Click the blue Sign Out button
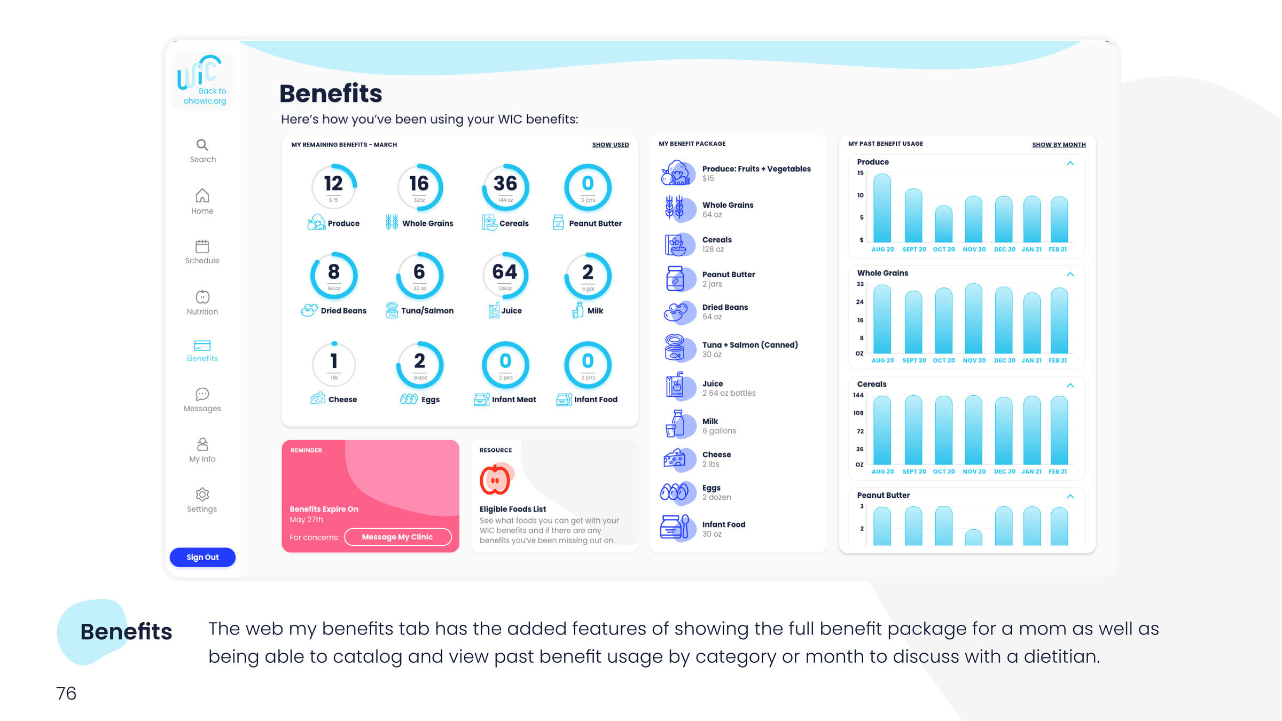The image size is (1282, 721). coord(202,557)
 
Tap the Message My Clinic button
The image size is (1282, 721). coord(397,537)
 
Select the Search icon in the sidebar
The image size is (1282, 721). coord(202,145)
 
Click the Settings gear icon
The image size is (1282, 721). coord(202,494)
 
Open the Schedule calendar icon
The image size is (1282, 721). coord(202,246)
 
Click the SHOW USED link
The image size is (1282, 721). coord(610,145)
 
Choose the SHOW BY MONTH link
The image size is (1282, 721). coord(1059,145)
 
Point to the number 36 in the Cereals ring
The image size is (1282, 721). coord(505,184)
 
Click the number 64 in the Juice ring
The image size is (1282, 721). coord(505,272)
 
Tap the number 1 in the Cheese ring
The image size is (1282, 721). coord(334,361)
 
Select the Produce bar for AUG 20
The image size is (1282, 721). coord(882,208)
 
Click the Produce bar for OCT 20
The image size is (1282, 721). coord(943,224)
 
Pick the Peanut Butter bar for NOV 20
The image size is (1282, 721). coord(973,537)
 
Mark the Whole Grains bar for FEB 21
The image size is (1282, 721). coord(1059,320)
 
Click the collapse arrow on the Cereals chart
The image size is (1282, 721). coord(1070,385)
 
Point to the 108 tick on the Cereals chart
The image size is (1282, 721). coord(858,413)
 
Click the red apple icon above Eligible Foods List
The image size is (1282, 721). coord(495,480)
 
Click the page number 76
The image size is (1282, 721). coord(66,693)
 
